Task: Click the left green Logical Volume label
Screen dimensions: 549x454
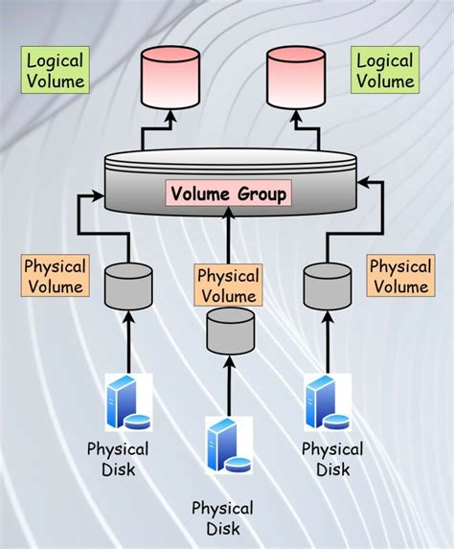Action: (55, 71)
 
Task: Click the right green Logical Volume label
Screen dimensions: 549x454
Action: (384, 71)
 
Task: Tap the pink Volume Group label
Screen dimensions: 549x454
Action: (228, 194)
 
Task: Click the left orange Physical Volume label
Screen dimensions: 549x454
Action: (55, 276)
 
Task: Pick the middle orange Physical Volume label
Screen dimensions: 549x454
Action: (228, 286)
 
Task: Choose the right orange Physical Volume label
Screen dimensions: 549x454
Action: (400, 276)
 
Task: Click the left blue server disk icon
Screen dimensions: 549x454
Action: (127, 402)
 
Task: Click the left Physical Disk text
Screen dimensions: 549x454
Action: (118, 459)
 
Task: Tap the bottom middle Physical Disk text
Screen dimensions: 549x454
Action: (222, 517)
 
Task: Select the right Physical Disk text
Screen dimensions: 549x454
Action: (332, 459)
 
